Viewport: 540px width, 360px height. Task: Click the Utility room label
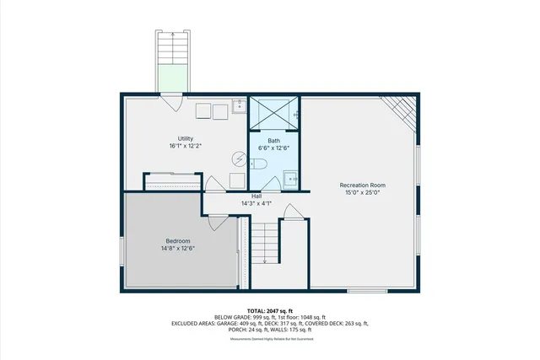186,138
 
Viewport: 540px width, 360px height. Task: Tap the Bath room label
274,140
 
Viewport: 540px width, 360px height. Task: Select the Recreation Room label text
363,185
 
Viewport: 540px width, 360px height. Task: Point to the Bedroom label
177,241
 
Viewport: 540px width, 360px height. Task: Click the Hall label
256,196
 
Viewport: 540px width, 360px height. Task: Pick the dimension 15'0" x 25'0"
363,192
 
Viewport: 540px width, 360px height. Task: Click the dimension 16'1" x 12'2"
186,146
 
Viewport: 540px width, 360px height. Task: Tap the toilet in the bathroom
260,164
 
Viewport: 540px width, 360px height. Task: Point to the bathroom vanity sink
291,178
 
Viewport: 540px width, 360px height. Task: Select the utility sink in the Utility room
239,106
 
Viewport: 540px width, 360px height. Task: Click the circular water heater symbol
239,158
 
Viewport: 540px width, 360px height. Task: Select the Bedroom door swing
217,223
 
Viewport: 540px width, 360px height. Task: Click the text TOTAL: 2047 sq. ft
270,311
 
